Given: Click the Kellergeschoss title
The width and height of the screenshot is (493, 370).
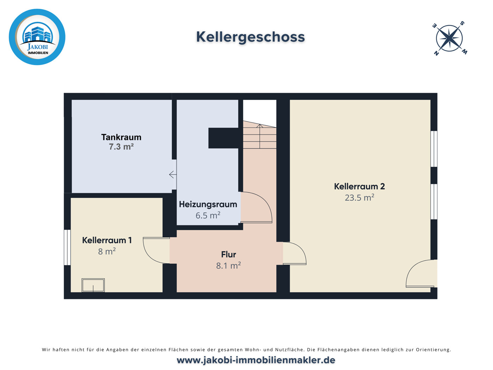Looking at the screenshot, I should (250, 37).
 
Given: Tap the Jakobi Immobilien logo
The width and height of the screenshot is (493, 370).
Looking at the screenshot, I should (37, 37).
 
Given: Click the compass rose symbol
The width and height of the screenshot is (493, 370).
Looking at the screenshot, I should (449, 38).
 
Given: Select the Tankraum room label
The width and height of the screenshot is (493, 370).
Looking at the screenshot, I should (121, 137).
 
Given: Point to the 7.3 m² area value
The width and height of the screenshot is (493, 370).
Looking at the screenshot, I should (121, 147).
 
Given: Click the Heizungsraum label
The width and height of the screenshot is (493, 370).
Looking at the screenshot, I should (208, 204).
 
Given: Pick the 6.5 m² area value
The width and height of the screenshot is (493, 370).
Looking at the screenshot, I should (208, 215).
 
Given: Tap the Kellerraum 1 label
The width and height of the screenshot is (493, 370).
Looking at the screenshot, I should (107, 240).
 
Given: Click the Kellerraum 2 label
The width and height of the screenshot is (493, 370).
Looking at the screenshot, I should (359, 186).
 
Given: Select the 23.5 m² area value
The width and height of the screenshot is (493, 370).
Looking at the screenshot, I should (359, 198).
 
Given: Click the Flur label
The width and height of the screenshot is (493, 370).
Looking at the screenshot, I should (229, 254).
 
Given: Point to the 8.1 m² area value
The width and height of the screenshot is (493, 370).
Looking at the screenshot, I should (229, 266).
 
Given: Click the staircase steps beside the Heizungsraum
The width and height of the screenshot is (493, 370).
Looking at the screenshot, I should (260, 135).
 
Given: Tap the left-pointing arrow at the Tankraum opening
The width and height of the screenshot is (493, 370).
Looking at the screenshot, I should (173, 174).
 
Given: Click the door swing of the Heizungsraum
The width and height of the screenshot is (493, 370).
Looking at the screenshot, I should (256, 208).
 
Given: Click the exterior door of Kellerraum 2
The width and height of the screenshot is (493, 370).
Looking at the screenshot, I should (422, 274).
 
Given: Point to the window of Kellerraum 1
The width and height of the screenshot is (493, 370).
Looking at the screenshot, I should (67, 247).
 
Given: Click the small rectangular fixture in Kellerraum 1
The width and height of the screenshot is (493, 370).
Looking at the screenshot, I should (93, 285).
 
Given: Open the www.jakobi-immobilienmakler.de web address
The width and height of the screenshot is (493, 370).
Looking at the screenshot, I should (256, 360).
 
